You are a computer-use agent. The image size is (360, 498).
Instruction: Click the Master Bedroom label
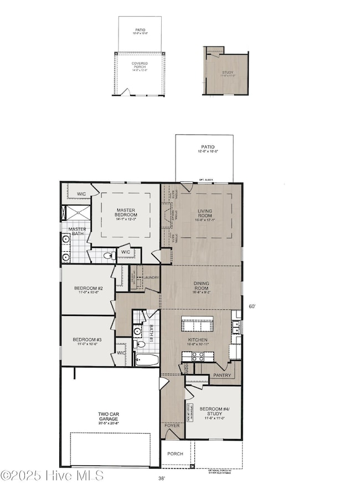point(126,213)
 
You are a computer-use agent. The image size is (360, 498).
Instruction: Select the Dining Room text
point(200,286)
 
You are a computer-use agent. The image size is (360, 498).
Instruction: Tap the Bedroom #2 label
point(89,288)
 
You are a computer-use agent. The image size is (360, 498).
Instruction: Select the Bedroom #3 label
point(88,340)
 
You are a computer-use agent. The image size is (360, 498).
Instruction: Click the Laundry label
point(151,277)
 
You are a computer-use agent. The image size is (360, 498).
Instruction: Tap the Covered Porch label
point(140,65)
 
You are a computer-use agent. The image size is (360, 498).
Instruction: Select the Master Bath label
point(77,231)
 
